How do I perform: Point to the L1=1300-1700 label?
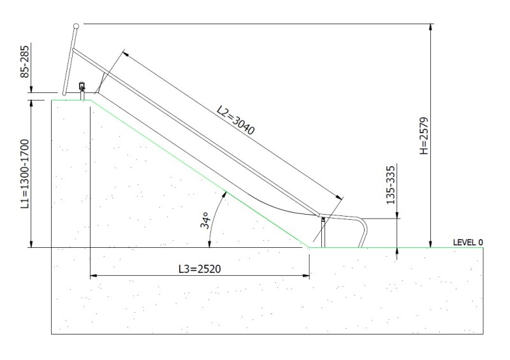25,174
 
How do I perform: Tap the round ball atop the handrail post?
76,26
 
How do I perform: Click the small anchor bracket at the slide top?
82,87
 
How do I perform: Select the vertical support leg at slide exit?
323,233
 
